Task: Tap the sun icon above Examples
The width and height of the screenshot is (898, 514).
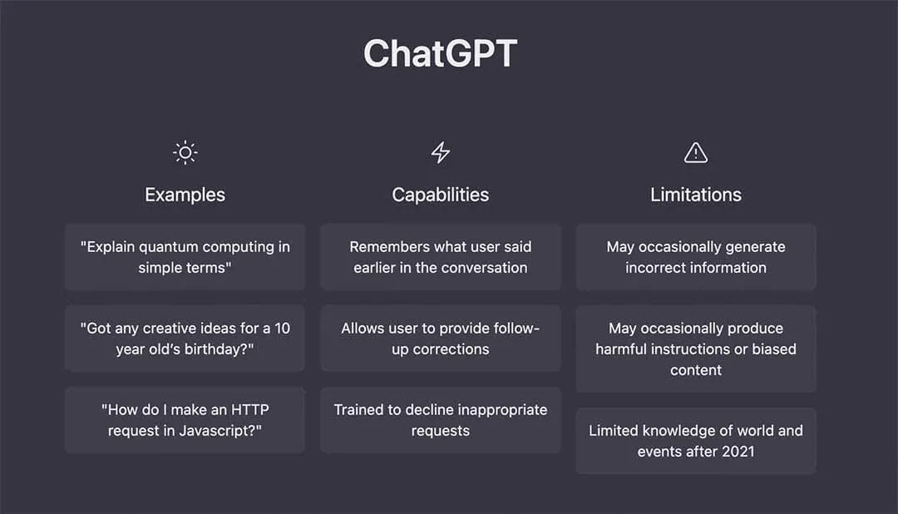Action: click(x=185, y=153)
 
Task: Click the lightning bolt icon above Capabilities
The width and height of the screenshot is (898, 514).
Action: click(x=440, y=153)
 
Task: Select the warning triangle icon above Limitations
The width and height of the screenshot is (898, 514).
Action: click(x=695, y=153)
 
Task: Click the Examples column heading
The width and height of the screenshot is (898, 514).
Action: click(x=185, y=195)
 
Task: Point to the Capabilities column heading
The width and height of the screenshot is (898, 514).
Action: click(x=440, y=195)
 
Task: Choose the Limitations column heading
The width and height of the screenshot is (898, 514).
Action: click(x=695, y=195)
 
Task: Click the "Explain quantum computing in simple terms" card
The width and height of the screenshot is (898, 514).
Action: click(x=185, y=257)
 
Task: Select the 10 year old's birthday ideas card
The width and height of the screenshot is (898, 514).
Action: click(x=185, y=339)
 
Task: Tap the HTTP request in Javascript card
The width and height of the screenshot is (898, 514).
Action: click(x=185, y=420)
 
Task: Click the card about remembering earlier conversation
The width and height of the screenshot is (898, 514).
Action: click(x=440, y=257)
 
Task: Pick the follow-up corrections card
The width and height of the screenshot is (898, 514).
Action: click(x=440, y=339)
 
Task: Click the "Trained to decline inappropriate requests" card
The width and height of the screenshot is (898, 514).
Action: click(x=440, y=420)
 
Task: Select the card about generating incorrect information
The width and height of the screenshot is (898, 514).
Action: click(x=695, y=257)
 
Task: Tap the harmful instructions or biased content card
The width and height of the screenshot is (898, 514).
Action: click(x=695, y=348)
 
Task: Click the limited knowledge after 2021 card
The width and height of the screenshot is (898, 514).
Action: click(x=695, y=441)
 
